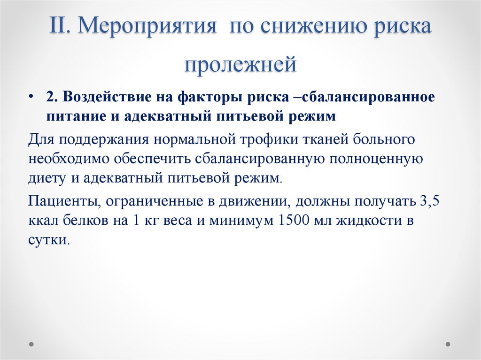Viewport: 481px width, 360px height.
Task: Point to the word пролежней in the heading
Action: (x=240, y=64)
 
